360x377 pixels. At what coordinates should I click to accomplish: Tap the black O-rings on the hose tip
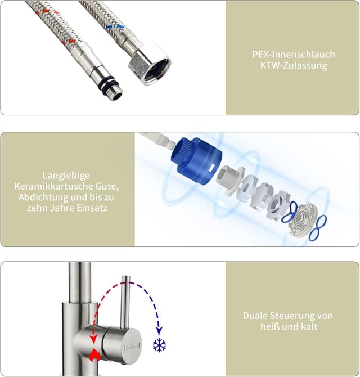111,83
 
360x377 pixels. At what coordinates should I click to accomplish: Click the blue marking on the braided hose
115,25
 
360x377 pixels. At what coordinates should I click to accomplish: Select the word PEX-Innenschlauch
294,55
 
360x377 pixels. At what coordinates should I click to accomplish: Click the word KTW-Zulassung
294,65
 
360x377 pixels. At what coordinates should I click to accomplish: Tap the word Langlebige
66,175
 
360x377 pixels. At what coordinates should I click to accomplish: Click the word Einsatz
92,208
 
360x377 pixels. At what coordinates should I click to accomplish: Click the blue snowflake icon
160,345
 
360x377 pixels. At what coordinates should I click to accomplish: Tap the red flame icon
94,354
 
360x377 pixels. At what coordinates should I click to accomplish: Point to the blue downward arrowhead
159,331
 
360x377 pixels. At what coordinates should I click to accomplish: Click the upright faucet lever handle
125,303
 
